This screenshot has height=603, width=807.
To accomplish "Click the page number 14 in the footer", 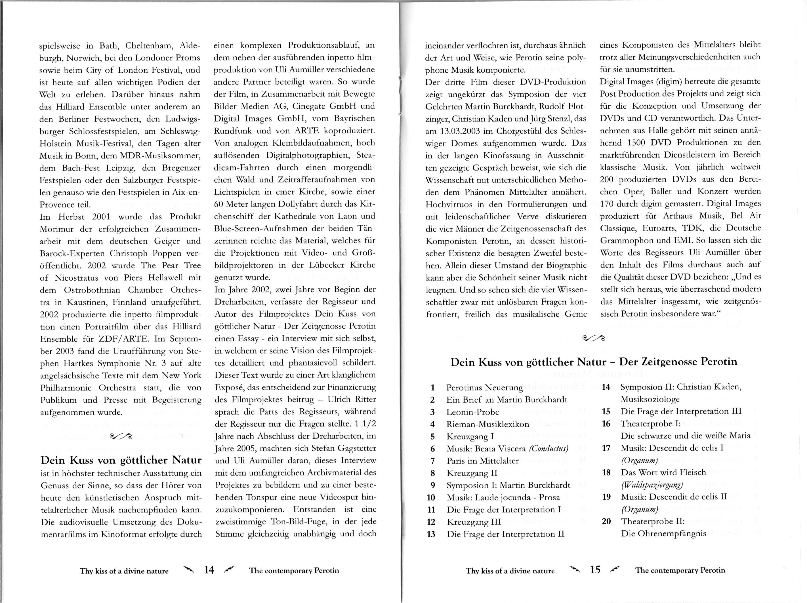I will point(209,570).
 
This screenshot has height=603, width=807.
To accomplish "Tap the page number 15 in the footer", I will point(595,570).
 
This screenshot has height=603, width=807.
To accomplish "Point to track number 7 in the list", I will point(433,461).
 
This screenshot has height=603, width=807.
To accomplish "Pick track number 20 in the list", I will point(606,521).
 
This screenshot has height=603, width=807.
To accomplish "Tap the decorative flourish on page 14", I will point(121,436).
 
